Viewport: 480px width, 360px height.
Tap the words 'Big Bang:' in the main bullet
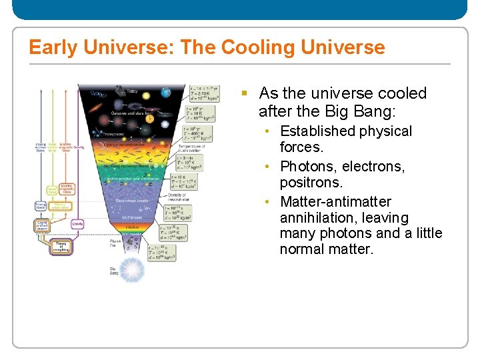point(366,110)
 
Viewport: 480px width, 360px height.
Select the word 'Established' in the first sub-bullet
point(321,131)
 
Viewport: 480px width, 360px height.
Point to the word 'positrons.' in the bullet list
point(311,182)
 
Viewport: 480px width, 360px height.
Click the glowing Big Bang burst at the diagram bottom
point(133,269)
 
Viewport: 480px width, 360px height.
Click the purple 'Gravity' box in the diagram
point(77,225)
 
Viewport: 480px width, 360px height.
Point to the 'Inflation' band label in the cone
point(132,227)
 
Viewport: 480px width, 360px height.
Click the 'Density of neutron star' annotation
point(176,197)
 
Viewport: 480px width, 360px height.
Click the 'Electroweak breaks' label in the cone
point(131,200)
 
